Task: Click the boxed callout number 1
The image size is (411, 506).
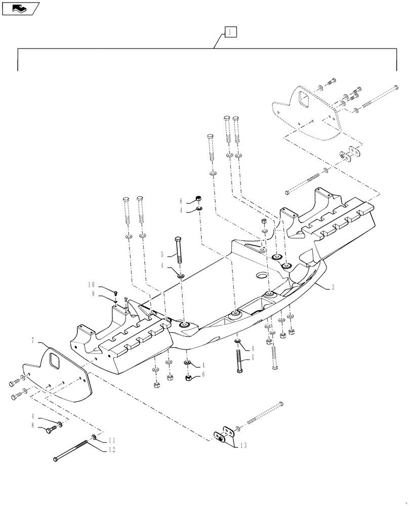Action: (x=229, y=32)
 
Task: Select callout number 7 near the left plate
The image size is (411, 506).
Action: (x=33, y=342)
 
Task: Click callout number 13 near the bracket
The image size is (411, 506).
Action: (x=244, y=446)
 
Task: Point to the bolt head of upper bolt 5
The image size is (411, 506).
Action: (x=178, y=239)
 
